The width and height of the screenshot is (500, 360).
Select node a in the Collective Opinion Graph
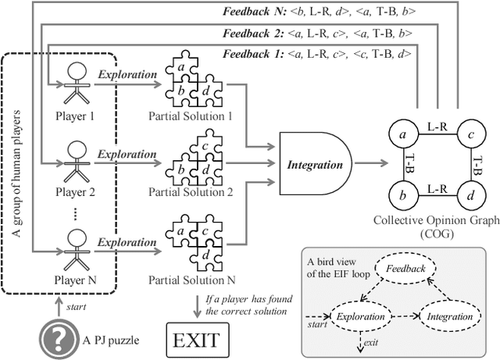[x=403, y=136]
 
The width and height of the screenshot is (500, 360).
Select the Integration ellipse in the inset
[x=450, y=316]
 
